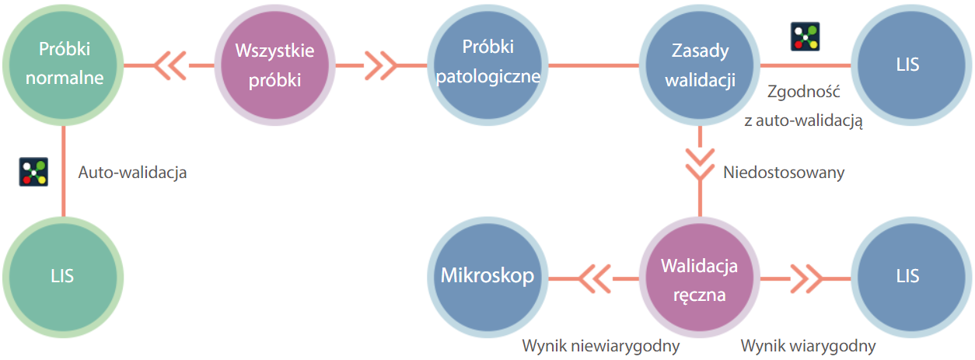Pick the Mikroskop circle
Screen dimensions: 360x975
click(x=487, y=276)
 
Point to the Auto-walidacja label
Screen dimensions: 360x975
click(x=132, y=173)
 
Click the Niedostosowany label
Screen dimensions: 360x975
click(x=784, y=173)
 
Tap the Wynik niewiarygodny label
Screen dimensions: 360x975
click(x=601, y=345)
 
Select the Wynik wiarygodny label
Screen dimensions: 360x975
click(x=808, y=345)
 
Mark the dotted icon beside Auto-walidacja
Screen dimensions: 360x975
click(x=33, y=172)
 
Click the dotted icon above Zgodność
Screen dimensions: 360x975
click(x=805, y=37)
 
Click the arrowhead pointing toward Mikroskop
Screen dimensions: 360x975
click(x=594, y=277)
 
